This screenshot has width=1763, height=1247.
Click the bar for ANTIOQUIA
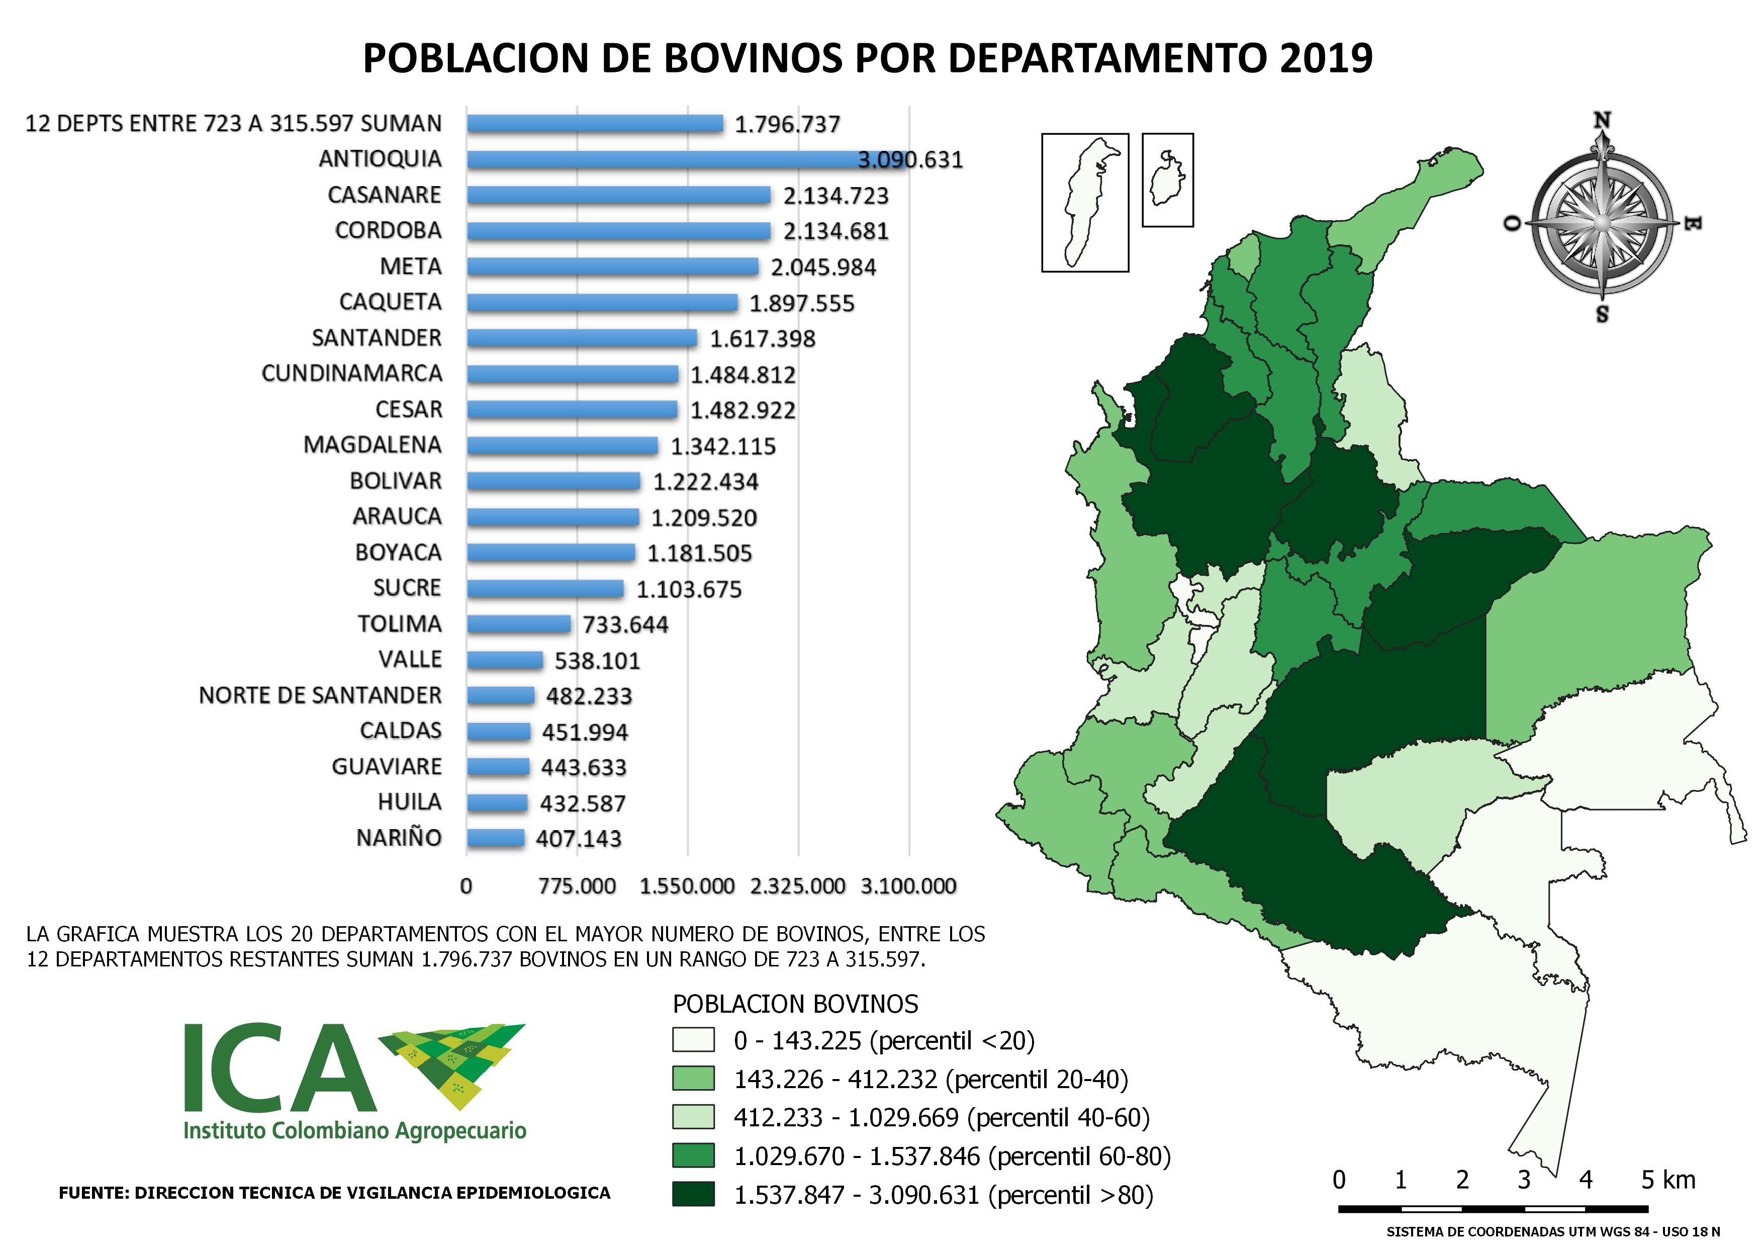click(x=687, y=160)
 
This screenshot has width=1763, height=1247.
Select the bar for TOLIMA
click(x=519, y=625)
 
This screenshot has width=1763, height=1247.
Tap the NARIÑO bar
click(x=495, y=838)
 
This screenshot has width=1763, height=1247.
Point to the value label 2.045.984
click(x=822, y=267)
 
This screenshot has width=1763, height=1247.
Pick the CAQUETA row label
click(x=390, y=302)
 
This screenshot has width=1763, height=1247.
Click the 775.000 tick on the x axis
click(x=577, y=886)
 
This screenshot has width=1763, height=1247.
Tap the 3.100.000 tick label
click(x=908, y=886)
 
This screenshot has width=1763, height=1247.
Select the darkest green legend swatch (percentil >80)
click(x=693, y=1194)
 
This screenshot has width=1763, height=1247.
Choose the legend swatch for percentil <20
click(x=693, y=1040)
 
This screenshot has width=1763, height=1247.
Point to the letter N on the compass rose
click(x=1602, y=121)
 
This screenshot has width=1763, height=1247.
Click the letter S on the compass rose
click(x=1602, y=314)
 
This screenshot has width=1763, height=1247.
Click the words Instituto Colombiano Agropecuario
click(x=355, y=1130)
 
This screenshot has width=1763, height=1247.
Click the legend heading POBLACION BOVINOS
click(x=795, y=1004)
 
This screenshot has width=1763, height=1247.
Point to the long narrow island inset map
click(x=1084, y=203)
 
